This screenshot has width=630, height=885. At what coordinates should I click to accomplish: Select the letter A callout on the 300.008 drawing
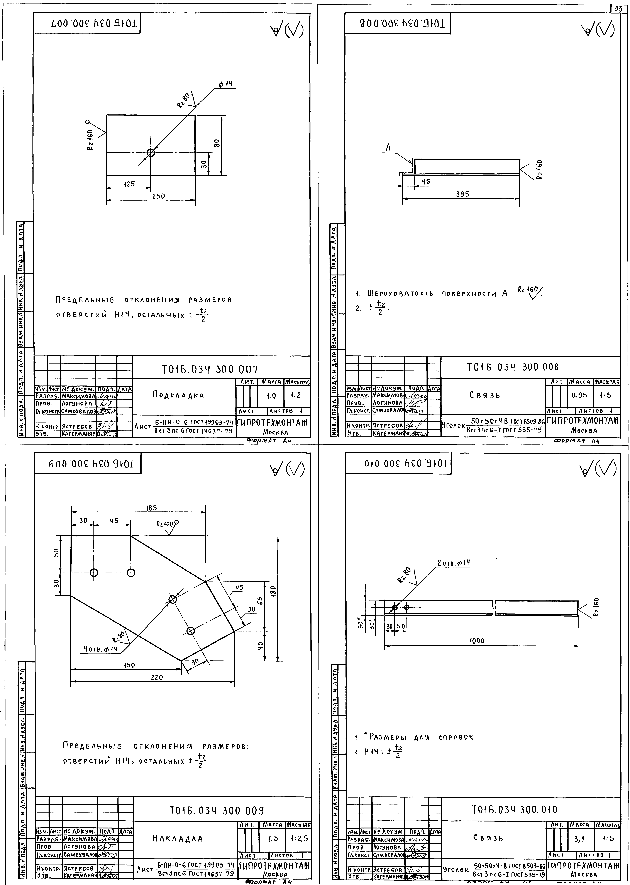(x=388, y=147)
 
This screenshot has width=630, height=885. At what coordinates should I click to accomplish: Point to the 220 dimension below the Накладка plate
(x=157, y=677)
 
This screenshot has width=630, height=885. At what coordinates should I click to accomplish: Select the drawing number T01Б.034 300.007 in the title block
(x=210, y=369)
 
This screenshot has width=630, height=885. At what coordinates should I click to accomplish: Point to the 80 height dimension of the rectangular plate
(x=217, y=143)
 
